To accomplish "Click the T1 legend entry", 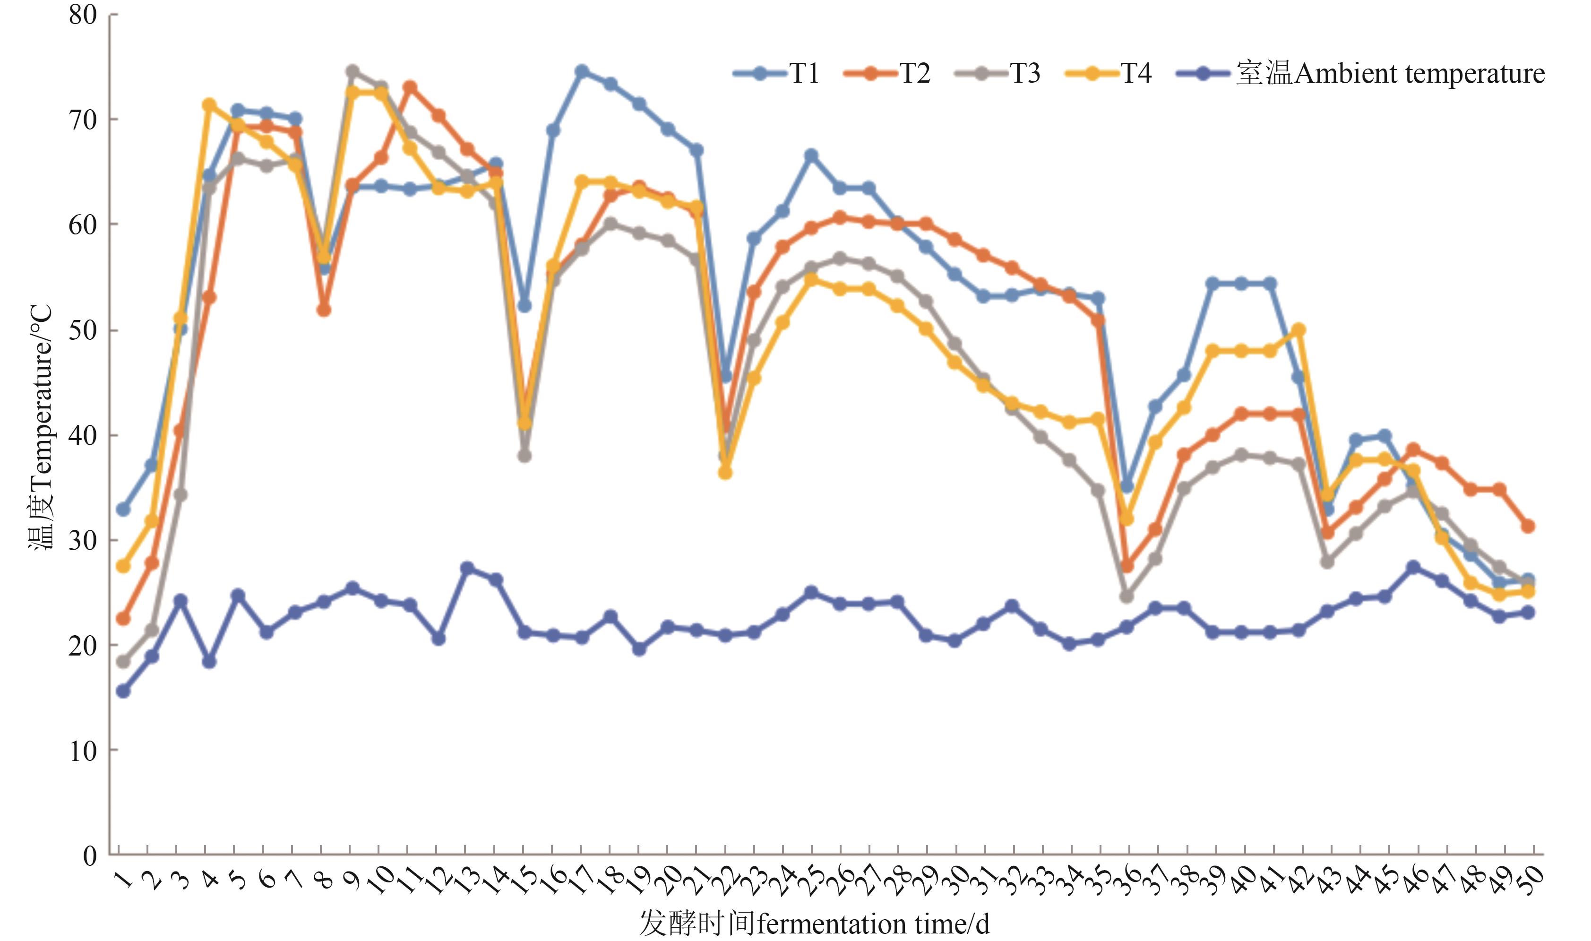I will tap(776, 74).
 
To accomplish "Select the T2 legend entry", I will tap(887, 74).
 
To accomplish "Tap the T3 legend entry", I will tap(998, 74).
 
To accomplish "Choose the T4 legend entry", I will tap(1109, 74).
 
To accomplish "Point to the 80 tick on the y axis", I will tap(82, 15).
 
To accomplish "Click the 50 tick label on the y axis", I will tap(82, 330).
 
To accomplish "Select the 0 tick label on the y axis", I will tap(90, 855).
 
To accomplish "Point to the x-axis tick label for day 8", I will tap(325, 880).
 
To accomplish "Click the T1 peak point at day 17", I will tap(581, 71).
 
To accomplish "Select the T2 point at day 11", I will tap(410, 87).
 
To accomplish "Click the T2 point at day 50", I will tap(1528, 526).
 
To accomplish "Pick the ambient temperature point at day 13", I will tap(467, 568).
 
